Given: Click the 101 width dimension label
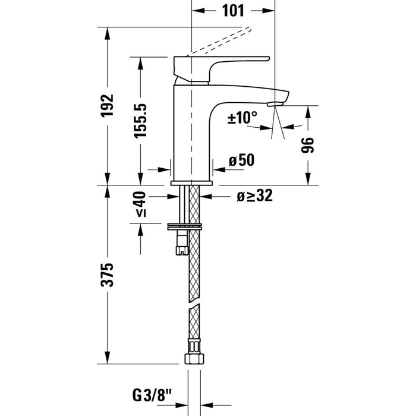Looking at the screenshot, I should click(x=234, y=10).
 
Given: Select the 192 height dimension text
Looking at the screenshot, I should click(x=108, y=106).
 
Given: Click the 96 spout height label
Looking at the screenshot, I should click(x=308, y=145).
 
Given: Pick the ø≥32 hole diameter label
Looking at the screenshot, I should click(x=254, y=196).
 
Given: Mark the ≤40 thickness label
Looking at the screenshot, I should click(x=140, y=204).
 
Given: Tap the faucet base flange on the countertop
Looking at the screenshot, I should click(x=191, y=182).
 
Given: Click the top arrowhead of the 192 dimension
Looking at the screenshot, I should click(x=108, y=31).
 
